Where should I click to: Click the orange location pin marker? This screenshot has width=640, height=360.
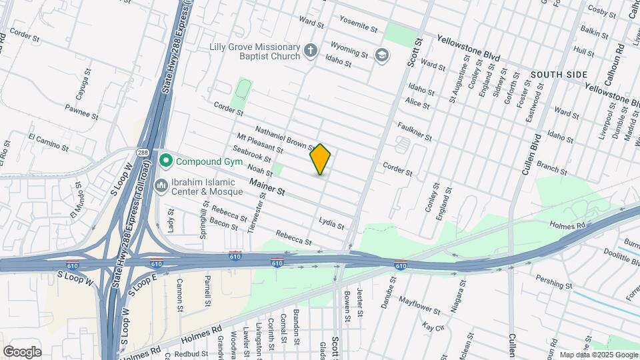tap(321, 159)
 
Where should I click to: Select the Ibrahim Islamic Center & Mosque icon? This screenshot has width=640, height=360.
tap(161, 185)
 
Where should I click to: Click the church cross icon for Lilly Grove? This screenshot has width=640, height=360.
tap(310, 50)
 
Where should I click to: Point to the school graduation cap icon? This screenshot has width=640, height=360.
tap(381, 55)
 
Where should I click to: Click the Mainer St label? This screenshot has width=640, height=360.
tap(267, 187)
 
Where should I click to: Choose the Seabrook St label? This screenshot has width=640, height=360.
tap(254, 155)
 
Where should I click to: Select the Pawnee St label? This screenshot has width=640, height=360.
tap(82, 111)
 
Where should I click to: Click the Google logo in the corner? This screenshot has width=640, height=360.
tap(21, 351)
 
